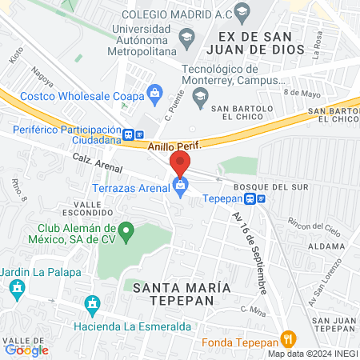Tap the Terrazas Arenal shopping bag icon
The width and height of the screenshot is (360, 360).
pyautogui.click(x=180, y=186)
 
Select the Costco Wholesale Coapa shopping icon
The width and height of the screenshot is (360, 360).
pyautogui.click(x=154, y=96)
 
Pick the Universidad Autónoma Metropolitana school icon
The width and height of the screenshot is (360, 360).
pyautogui.click(x=186, y=37)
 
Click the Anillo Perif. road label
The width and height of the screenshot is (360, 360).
pyautogui.click(x=173, y=146)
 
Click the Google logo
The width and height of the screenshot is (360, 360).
pyautogui.click(x=26, y=350)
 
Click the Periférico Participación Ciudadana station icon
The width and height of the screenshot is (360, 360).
pyautogui.click(x=134, y=134)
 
